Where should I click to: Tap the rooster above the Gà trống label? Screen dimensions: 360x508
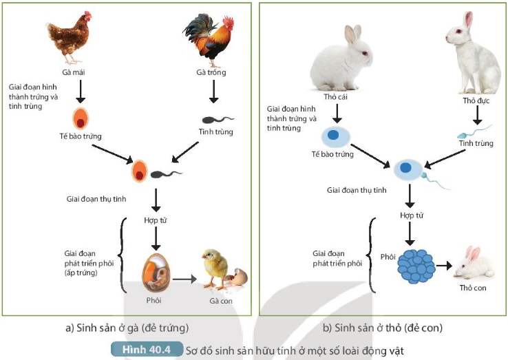(210, 38)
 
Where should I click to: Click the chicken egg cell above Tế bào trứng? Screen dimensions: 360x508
(81, 118)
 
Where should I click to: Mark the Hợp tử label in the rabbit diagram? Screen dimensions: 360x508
(411, 215)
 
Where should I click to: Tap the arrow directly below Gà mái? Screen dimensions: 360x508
(81, 90)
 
